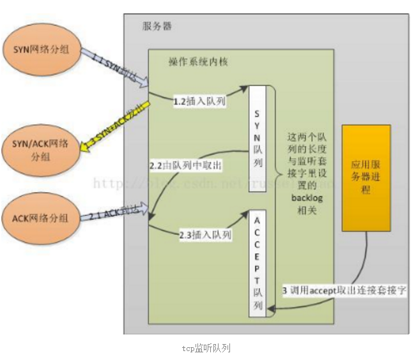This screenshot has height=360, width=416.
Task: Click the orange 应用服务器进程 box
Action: tap(366, 177)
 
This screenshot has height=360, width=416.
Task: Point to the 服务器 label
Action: tap(157, 27)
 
